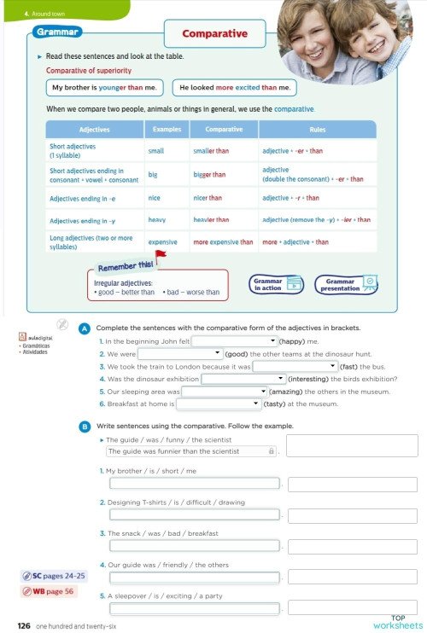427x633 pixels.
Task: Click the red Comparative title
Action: click(214, 34)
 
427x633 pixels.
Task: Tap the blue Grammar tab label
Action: click(58, 32)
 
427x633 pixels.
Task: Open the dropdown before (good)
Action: click(180, 353)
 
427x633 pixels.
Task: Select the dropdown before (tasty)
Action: click(217, 404)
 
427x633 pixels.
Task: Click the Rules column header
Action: click(316, 130)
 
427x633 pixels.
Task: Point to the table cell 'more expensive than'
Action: click(223, 242)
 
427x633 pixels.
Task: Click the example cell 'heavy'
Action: click(157, 220)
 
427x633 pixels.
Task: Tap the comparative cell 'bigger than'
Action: click(209, 175)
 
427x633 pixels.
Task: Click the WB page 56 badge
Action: click(54, 591)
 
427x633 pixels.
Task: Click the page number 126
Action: click(24, 625)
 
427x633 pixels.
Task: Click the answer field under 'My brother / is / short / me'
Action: click(195, 484)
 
